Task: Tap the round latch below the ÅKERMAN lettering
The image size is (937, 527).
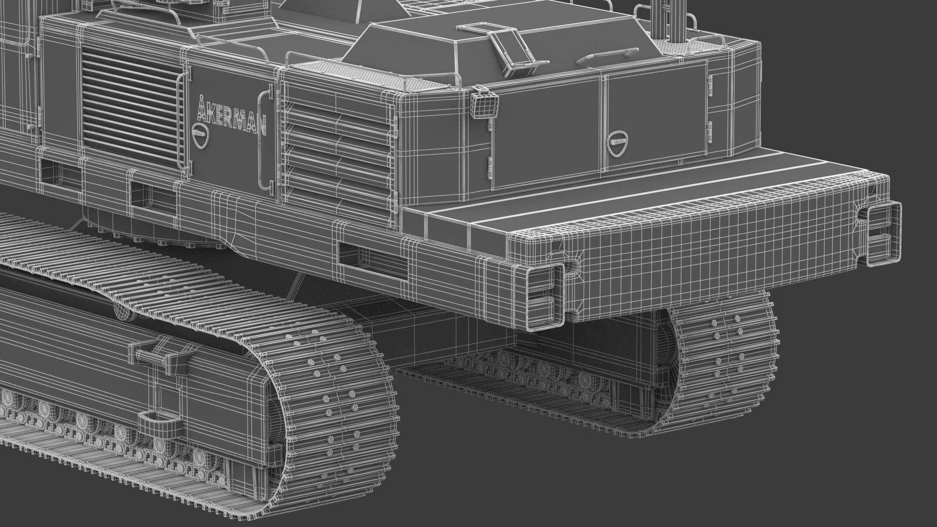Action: [201, 131]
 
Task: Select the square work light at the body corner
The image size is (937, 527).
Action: [485, 106]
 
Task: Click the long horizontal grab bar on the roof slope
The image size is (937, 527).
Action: [606, 54]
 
